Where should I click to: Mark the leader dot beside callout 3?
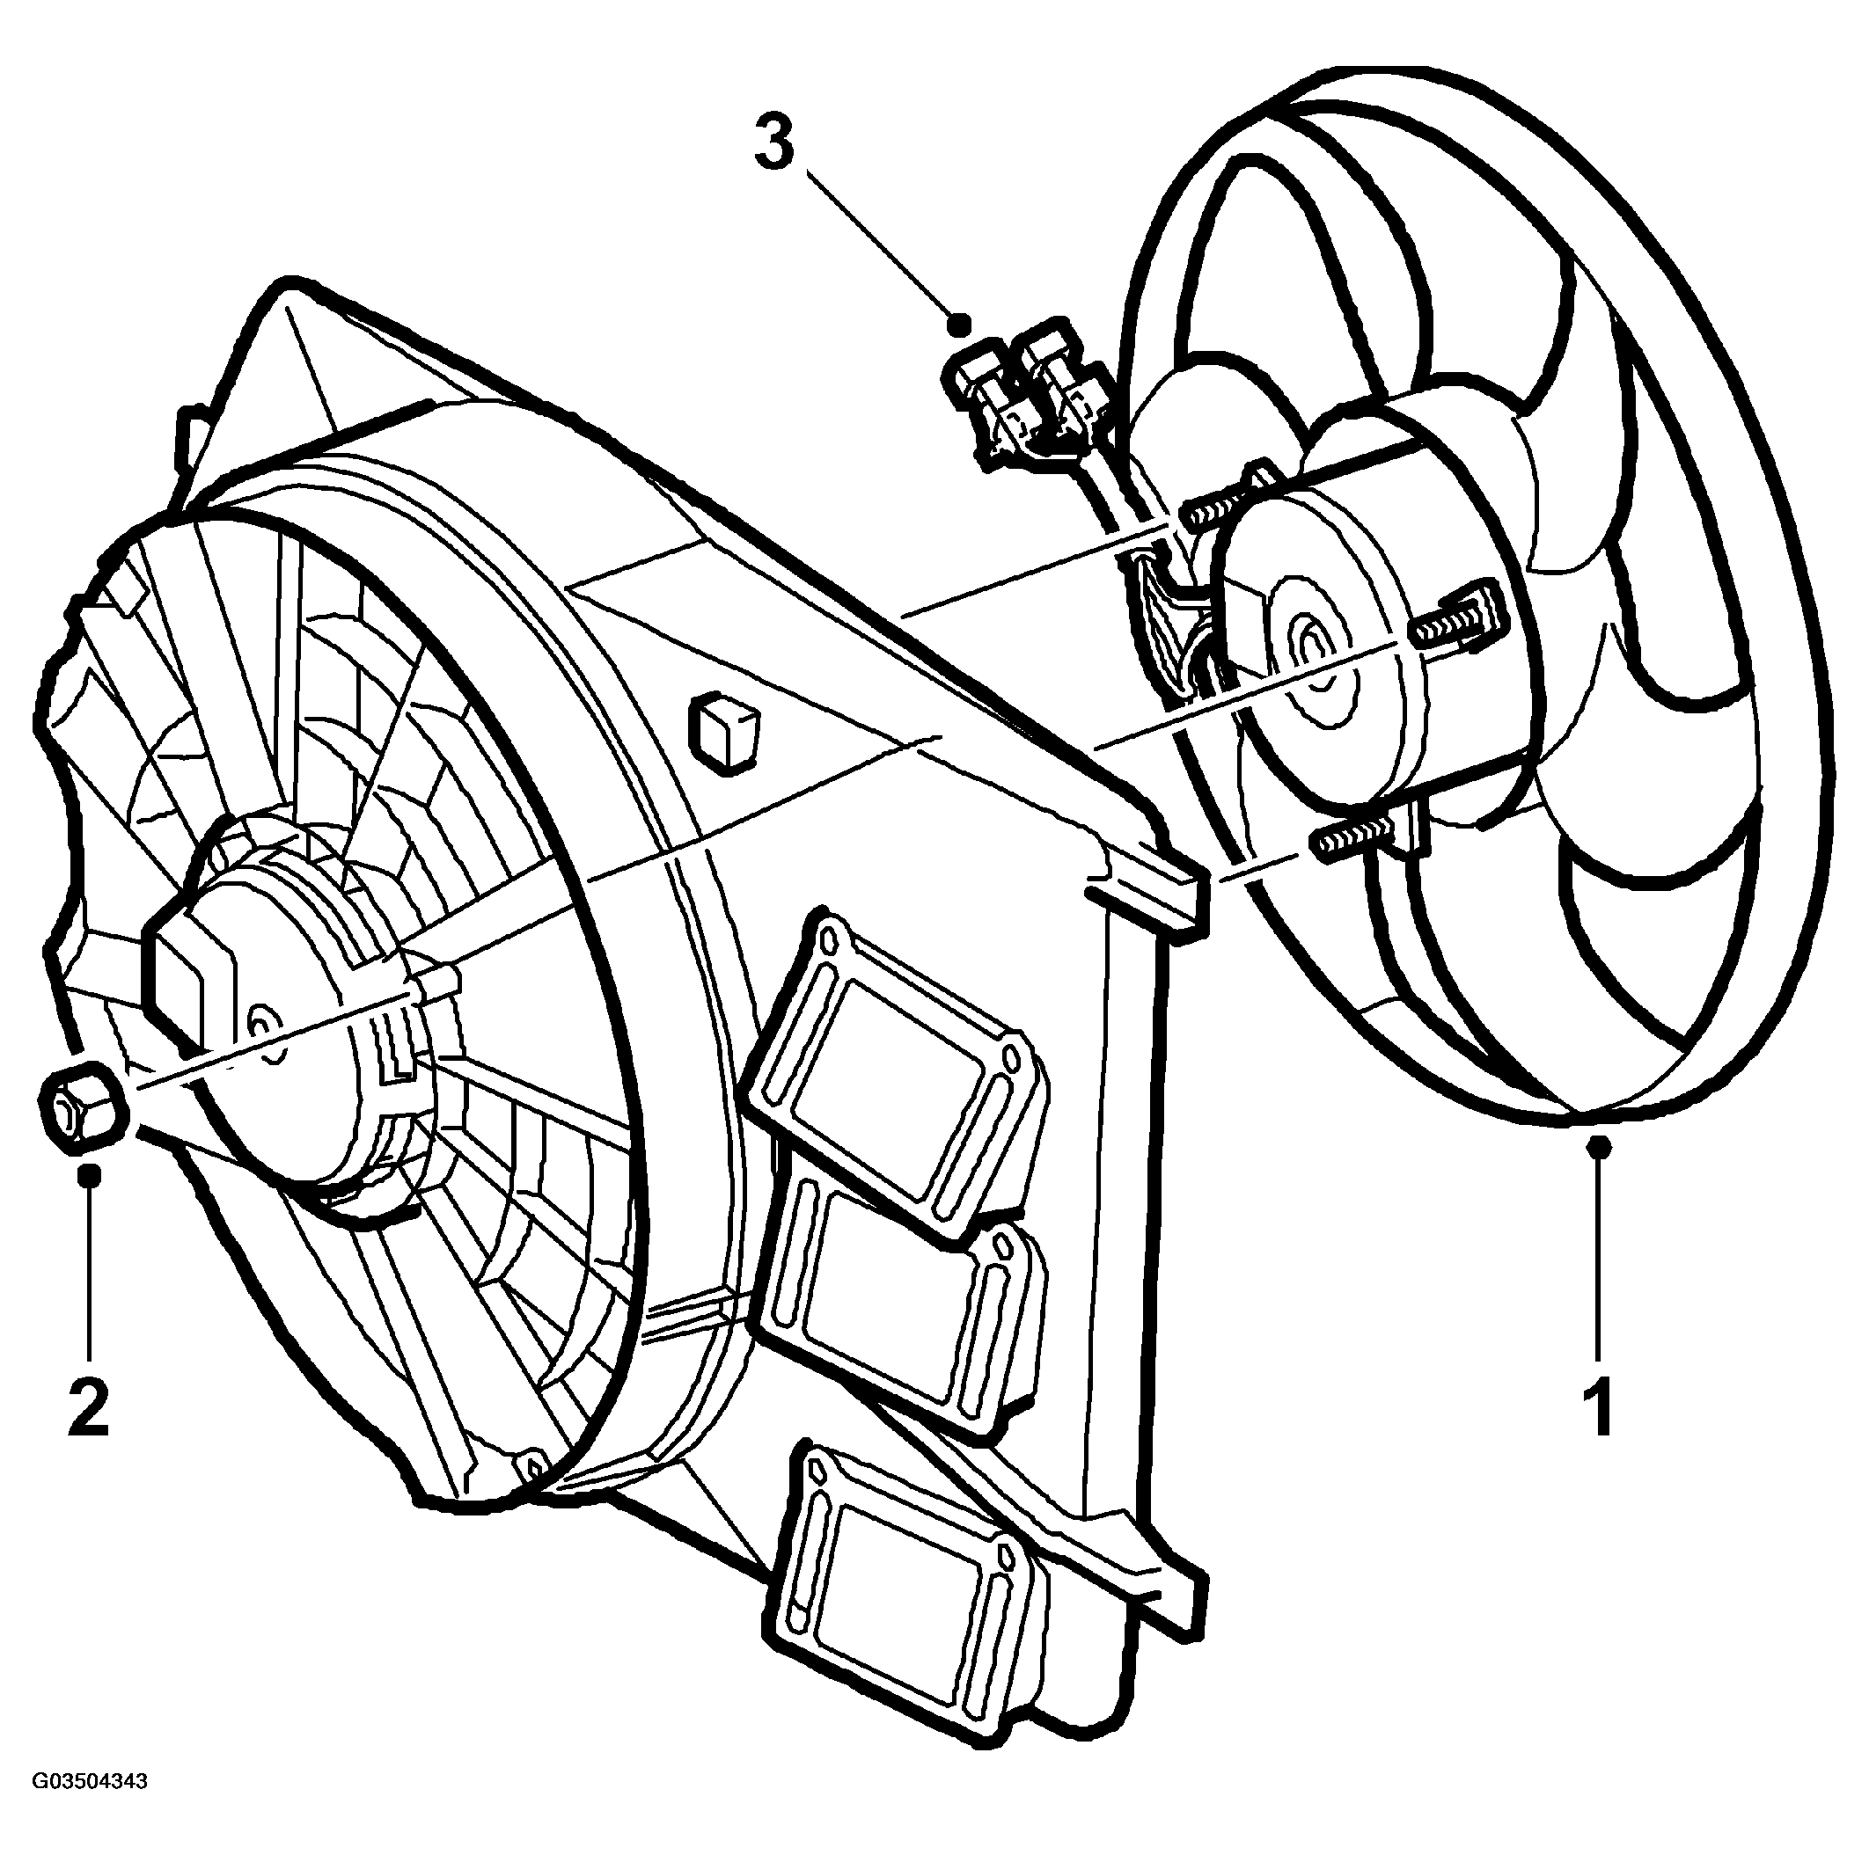point(961,323)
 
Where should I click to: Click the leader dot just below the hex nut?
point(90,1175)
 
